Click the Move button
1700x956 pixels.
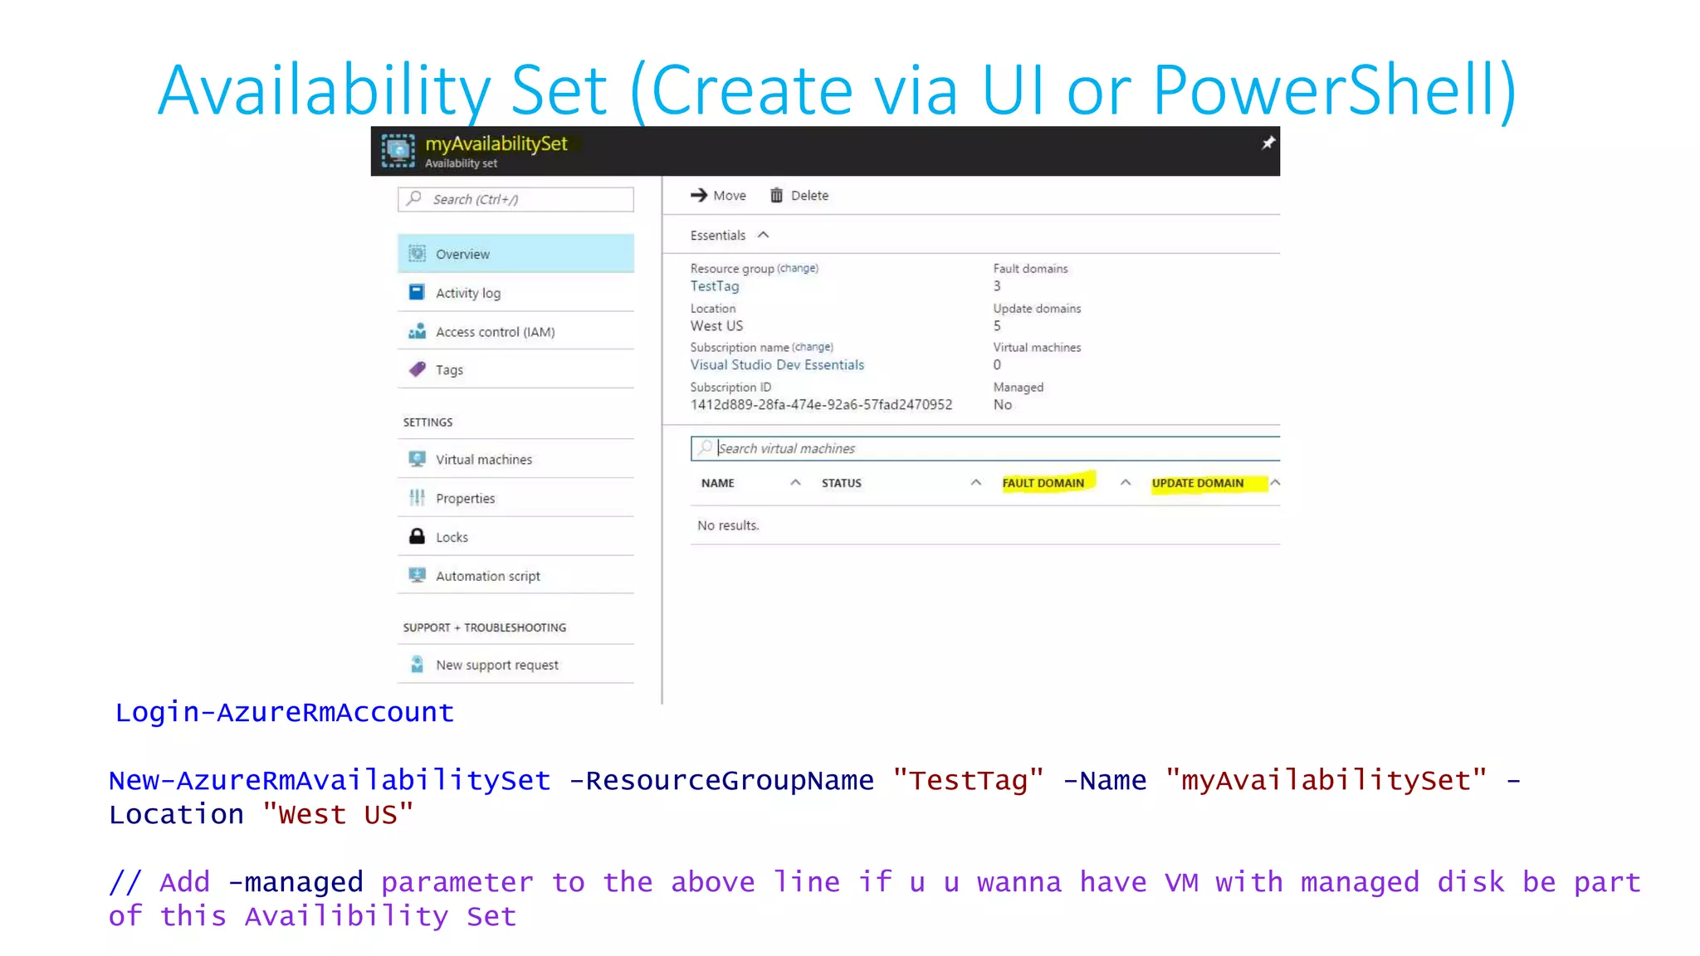[718, 196]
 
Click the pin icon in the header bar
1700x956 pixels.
[1268, 144]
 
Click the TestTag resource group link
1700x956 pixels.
[715, 286]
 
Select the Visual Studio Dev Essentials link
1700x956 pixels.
[777, 365]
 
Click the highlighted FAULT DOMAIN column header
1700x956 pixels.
[1043, 483]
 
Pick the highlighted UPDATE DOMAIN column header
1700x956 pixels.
[1198, 483]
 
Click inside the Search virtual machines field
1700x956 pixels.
[988, 449]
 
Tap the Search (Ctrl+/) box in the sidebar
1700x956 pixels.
[516, 199]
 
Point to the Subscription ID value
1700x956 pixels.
[821, 405]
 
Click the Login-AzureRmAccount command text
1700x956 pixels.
[285, 712]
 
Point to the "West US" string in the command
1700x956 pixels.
[338, 815]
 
